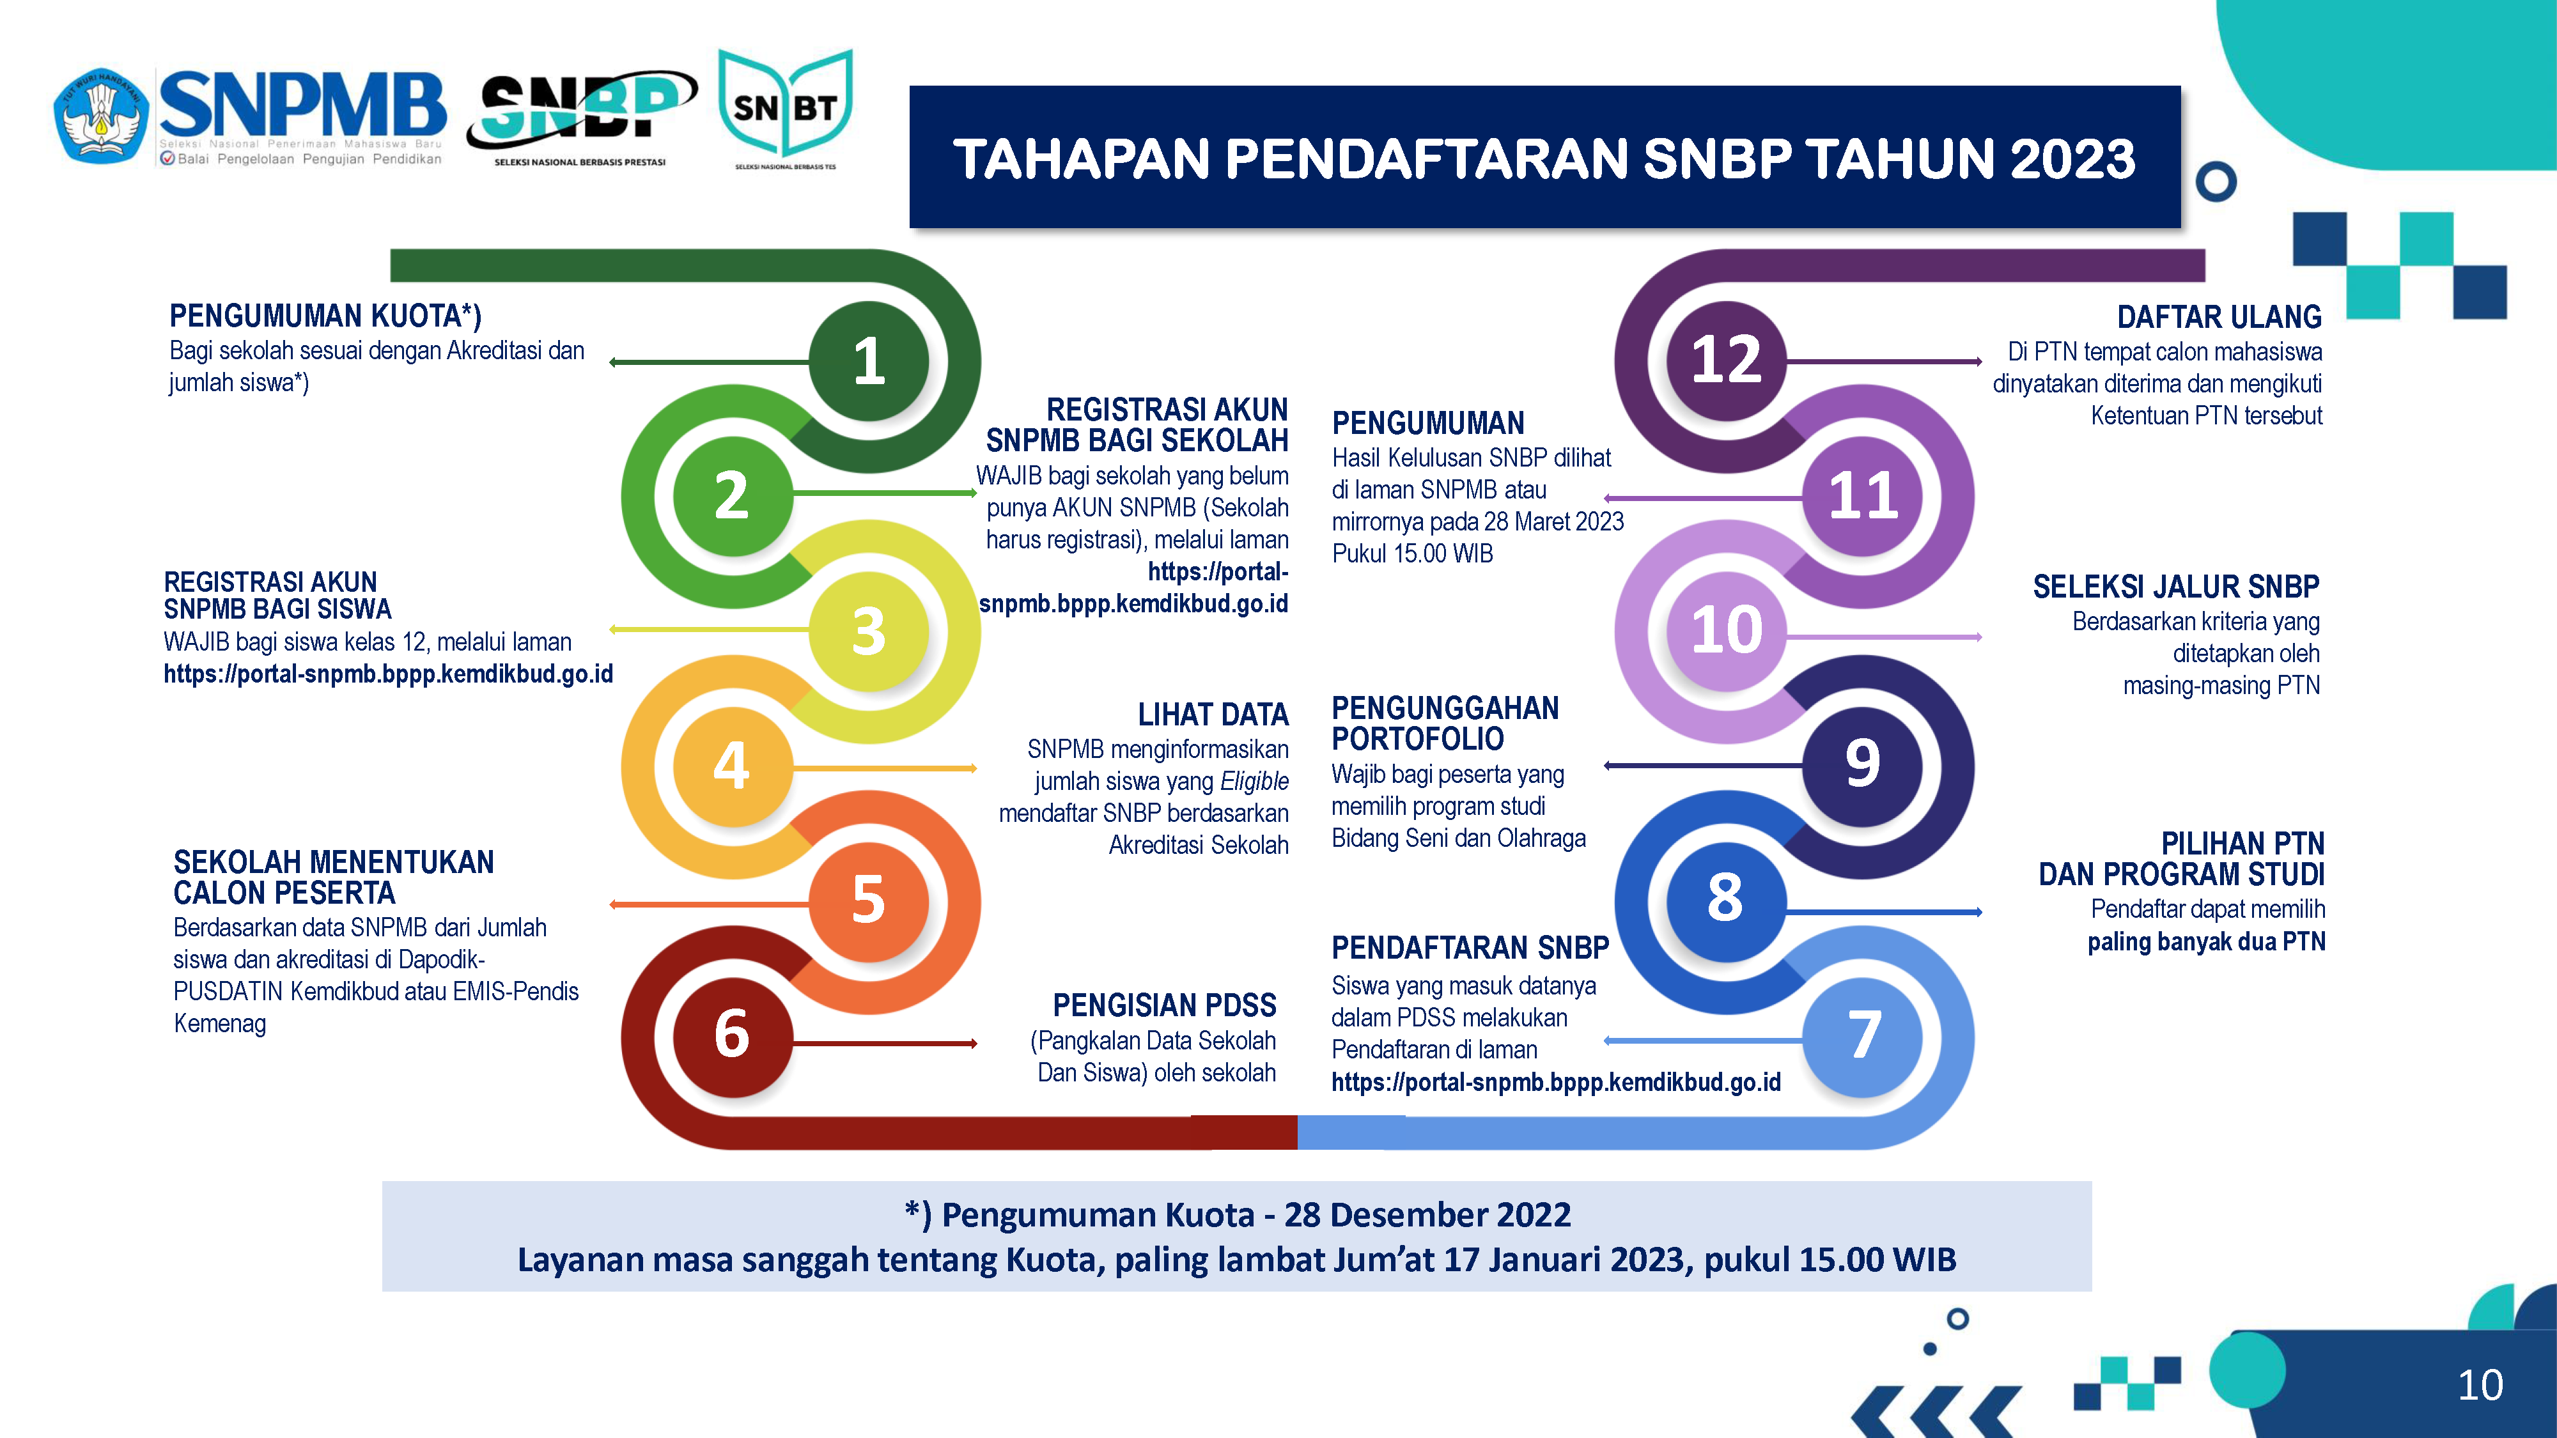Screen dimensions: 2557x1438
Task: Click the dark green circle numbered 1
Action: pyautogui.click(x=869, y=361)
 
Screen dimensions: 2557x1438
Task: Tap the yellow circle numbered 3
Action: pyautogui.click(x=869, y=631)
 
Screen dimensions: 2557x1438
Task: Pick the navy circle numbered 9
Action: pyautogui.click(x=1862, y=765)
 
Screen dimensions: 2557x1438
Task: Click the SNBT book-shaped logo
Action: pyautogui.click(x=785, y=109)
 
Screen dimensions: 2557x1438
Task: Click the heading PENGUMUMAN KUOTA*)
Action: pyautogui.click(x=325, y=316)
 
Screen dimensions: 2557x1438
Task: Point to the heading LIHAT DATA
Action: pyautogui.click(x=1213, y=715)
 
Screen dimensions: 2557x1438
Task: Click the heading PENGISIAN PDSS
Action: pyautogui.click(x=1164, y=1005)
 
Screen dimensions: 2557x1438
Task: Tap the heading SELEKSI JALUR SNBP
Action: pyautogui.click(x=2176, y=587)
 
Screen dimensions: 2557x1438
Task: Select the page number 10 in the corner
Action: pyautogui.click(x=2480, y=1384)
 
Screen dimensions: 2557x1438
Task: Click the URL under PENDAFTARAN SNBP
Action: pyautogui.click(x=1555, y=1082)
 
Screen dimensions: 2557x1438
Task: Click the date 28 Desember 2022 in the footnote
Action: pyautogui.click(x=1427, y=1215)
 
